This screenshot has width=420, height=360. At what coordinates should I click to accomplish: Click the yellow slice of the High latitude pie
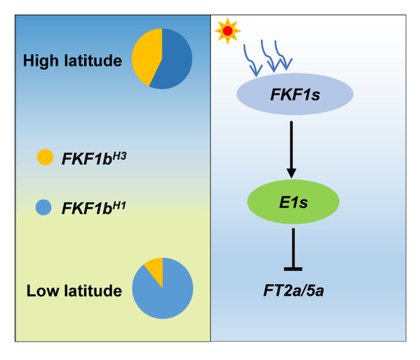click(x=146, y=57)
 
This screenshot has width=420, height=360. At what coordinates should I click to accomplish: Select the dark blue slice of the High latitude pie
click(x=174, y=60)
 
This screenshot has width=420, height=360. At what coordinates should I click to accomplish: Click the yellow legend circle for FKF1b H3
click(x=45, y=157)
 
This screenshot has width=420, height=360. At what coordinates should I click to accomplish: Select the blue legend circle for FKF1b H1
click(x=43, y=208)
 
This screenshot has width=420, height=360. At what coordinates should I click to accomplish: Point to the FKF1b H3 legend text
click(x=94, y=158)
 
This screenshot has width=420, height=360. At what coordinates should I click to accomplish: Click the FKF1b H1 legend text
click(x=94, y=208)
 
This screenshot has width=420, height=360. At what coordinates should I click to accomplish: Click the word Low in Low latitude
click(x=43, y=291)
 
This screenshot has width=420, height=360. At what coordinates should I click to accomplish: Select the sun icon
click(x=228, y=31)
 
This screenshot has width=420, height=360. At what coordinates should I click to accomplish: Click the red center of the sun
click(x=228, y=31)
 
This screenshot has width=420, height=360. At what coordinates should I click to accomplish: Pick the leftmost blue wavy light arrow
click(x=251, y=60)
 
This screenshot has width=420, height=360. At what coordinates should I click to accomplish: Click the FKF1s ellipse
click(x=295, y=94)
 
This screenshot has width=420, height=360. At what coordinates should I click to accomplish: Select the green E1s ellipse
click(x=293, y=202)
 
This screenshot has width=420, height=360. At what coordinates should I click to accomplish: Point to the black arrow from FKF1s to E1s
click(x=292, y=149)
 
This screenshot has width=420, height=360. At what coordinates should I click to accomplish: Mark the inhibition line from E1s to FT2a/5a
click(x=294, y=249)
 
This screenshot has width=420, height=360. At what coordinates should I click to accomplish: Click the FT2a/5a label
click(x=294, y=291)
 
